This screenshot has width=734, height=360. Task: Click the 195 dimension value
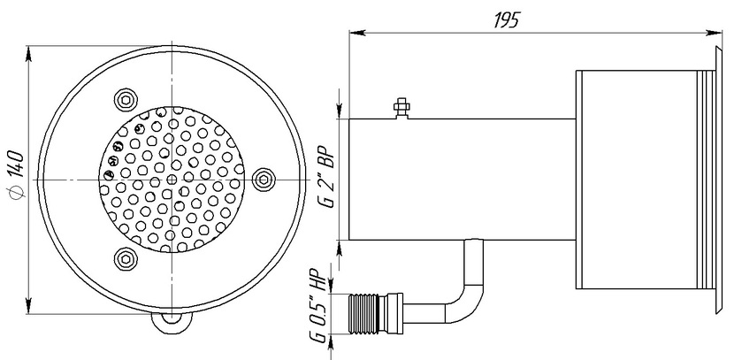pos(507,20)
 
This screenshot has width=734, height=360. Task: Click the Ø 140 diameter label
pos(16,174)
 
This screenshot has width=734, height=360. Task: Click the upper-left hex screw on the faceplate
pos(126,99)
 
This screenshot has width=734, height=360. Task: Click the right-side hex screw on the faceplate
pos(264,180)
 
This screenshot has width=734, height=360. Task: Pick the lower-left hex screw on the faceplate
pos(126,259)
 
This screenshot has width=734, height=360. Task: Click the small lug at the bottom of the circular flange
pos(172,322)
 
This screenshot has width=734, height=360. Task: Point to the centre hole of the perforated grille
pos(172,180)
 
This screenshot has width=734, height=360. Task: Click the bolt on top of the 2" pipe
pos(401,108)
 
